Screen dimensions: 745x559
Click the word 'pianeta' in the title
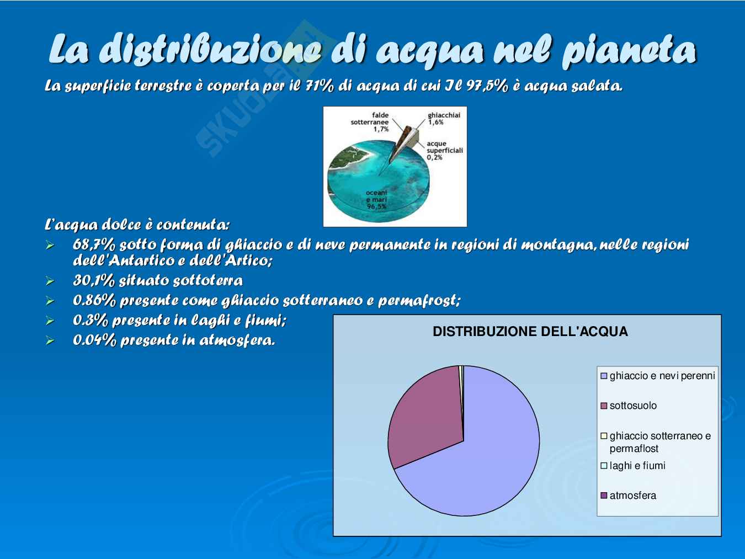(629, 51)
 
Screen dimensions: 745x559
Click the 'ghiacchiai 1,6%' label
(444, 119)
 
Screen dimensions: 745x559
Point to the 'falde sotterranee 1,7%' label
(370, 122)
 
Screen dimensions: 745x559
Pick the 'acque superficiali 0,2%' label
(445, 150)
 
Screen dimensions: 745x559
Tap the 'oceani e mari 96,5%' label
(376, 200)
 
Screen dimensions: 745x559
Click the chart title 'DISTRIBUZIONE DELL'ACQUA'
(530, 331)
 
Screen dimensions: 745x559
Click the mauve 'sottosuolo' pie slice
(428, 418)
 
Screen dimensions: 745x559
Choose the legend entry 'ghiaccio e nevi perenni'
(658, 376)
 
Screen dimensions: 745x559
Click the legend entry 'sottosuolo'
(629, 406)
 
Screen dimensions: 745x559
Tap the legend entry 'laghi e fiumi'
(633, 466)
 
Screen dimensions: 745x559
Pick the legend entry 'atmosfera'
(628, 496)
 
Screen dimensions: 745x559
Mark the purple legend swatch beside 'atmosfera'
(604, 496)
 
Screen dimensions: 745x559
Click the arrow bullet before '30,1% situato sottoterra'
(50, 281)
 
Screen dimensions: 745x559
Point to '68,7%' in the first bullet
(94, 244)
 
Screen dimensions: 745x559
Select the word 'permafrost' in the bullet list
(419, 300)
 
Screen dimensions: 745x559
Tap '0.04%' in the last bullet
(94, 340)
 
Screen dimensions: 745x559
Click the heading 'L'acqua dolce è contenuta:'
(137, 225)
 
